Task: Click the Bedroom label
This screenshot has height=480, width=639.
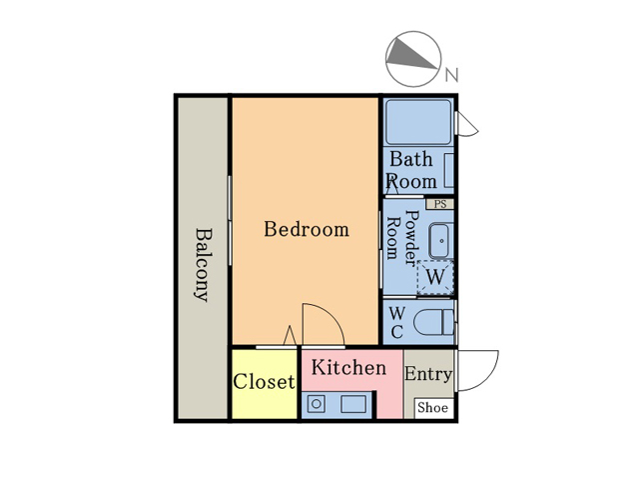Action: (307, 229)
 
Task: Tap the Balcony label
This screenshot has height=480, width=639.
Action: (203, 264)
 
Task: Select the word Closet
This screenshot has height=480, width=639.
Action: (264, 382)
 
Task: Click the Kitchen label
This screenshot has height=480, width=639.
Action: (348, 367)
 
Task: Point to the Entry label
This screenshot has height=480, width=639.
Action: (428, 374)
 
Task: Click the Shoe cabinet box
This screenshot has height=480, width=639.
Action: (433, 408)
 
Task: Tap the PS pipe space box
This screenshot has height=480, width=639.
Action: (440, 204)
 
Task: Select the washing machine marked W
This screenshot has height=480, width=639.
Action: (435, 277)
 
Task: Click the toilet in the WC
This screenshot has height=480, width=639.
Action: (434, 322)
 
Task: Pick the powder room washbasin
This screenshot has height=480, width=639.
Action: (441, 241)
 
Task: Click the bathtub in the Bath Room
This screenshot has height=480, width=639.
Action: (418, 122)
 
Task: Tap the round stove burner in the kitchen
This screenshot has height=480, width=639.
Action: (317, 404)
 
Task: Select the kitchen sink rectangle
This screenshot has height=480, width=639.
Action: (353, 404)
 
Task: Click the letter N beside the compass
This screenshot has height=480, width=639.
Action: (451, 75)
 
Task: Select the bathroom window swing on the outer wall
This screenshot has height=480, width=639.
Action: (467, 124)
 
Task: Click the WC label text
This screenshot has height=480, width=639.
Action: (397, 322)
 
